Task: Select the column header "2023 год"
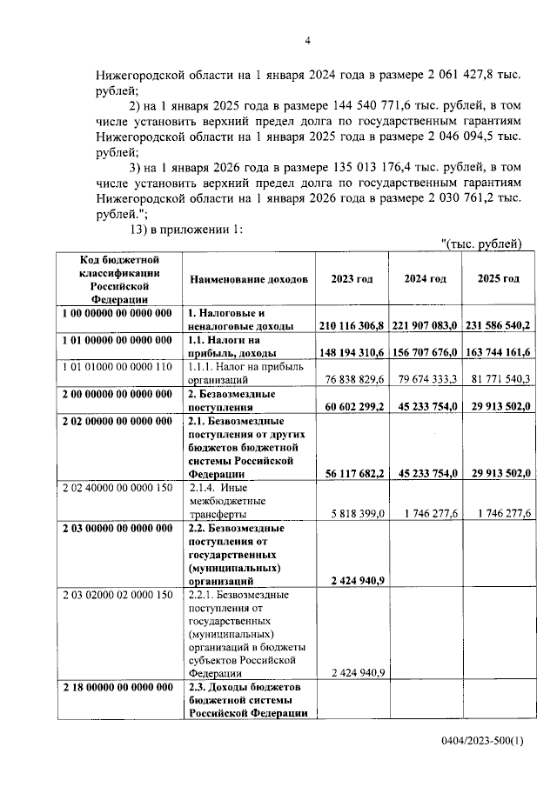coord(352,278)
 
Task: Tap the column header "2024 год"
coord(425,278)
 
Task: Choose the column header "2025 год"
coord(499,278)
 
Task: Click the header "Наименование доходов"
coord(247,279)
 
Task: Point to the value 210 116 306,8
coord(352,325)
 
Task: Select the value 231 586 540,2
coord(499,325)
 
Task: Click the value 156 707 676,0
coord(425,353)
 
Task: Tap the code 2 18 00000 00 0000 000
coord(117,687)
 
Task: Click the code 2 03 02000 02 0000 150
coord(117,595)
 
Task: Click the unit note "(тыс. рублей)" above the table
coord(481,243)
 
